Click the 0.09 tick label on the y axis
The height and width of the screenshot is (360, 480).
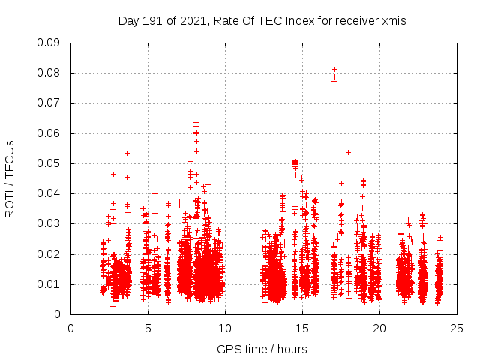[49, 43]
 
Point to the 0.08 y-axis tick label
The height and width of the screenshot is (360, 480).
[49, 73]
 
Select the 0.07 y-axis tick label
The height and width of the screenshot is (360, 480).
[49, 103]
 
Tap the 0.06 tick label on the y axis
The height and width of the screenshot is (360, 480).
[49, 133]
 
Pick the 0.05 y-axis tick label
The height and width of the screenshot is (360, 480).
[49, 163]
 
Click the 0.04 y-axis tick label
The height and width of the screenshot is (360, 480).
[49, 193]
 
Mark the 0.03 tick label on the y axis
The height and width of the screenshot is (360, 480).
[49, 223]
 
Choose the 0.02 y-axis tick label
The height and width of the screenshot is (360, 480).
[49, 253]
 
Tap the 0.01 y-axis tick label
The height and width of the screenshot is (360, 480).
[49, 284]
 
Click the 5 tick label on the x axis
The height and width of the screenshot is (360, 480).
[148, 328]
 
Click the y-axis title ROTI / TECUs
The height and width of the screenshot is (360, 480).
[10, 178]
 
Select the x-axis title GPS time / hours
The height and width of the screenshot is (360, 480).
[262, 349]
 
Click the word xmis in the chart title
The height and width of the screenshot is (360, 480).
[394, 21]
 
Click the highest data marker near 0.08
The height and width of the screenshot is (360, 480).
[334, 69]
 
